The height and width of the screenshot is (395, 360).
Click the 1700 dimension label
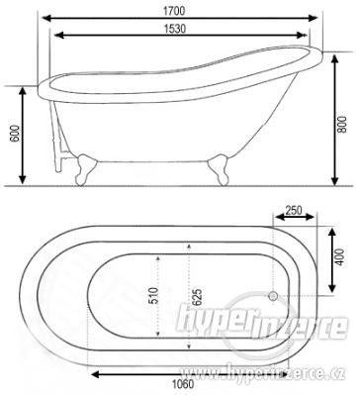(x=174, y=11)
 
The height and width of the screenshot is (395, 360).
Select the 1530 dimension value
(x=175, y=29)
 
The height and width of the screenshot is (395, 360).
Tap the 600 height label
(x=15, y=134)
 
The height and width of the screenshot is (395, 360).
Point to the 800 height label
(x=342, y=124)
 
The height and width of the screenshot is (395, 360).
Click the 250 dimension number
(x=294, y=210)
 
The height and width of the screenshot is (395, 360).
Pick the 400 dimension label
(x=339, y=257)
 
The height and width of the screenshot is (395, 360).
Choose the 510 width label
(x=153, y=295)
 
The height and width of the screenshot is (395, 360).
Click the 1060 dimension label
(x=183, y=384)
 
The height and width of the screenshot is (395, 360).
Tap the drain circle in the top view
(x=273, y=296)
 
